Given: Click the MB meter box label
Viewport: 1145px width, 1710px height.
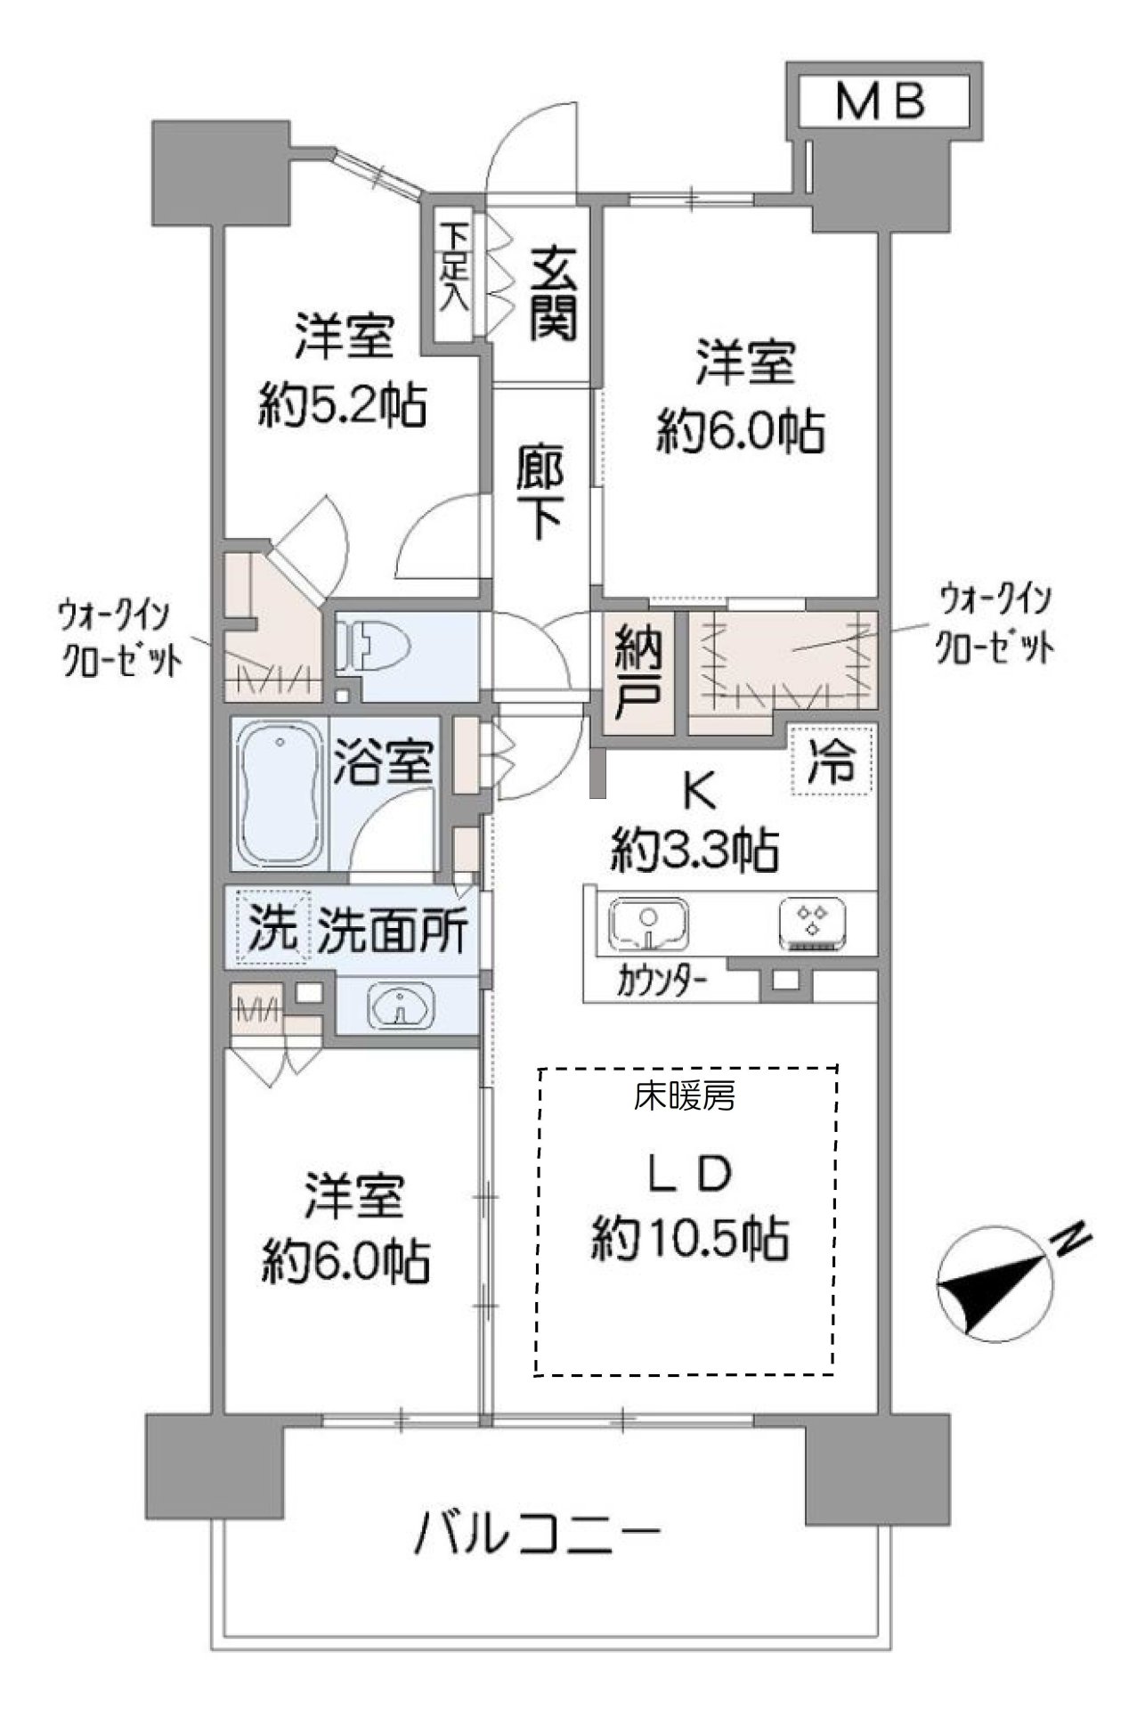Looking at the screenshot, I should (x=881, y=103).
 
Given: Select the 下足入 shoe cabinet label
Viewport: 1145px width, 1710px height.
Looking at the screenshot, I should (x=456, y=266).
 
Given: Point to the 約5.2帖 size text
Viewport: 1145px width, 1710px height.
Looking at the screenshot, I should (x=343, y=405).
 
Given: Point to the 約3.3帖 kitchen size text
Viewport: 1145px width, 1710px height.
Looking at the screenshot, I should (x=694, y=851).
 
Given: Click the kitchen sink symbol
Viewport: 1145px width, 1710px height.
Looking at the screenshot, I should (x=649, y=924).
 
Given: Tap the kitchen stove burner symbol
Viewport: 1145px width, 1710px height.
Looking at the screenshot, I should (x=812, y=924).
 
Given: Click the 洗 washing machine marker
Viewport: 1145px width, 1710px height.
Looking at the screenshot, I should (x=272, y=929).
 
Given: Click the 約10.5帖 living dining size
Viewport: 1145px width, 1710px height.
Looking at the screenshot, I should (x=690, y=1238).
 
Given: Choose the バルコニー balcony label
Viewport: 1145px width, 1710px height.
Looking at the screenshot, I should (x=539, y=1533).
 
